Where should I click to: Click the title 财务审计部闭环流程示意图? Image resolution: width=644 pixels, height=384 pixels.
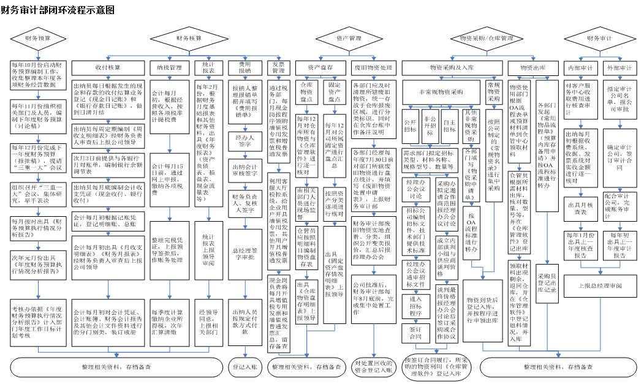tap(58, 12)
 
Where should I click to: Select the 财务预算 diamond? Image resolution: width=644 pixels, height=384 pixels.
tap(37, 39)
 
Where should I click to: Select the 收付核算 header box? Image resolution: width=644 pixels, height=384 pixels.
tap(108, 67)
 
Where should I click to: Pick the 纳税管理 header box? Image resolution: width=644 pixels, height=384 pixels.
tap(169, 67)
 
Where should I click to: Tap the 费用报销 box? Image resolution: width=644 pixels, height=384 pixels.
tap(244, 67)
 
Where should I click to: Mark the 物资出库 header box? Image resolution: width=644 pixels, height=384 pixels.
tap(532, 67)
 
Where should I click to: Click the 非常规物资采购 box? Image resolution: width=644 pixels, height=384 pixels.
tap(441, 92)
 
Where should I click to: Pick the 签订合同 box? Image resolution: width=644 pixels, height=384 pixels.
tap(415, 333)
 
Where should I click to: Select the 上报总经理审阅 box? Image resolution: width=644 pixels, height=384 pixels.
tap(600, 285)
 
